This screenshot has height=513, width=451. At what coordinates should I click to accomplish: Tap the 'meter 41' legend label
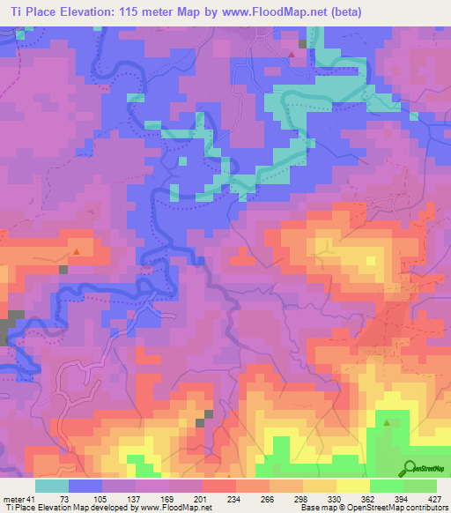point(18,499)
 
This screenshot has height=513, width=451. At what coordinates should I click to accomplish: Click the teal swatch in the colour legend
point(52,486)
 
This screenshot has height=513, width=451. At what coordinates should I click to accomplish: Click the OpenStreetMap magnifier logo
point(408,468)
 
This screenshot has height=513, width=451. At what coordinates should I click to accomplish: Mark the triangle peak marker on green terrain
point(387,422)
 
